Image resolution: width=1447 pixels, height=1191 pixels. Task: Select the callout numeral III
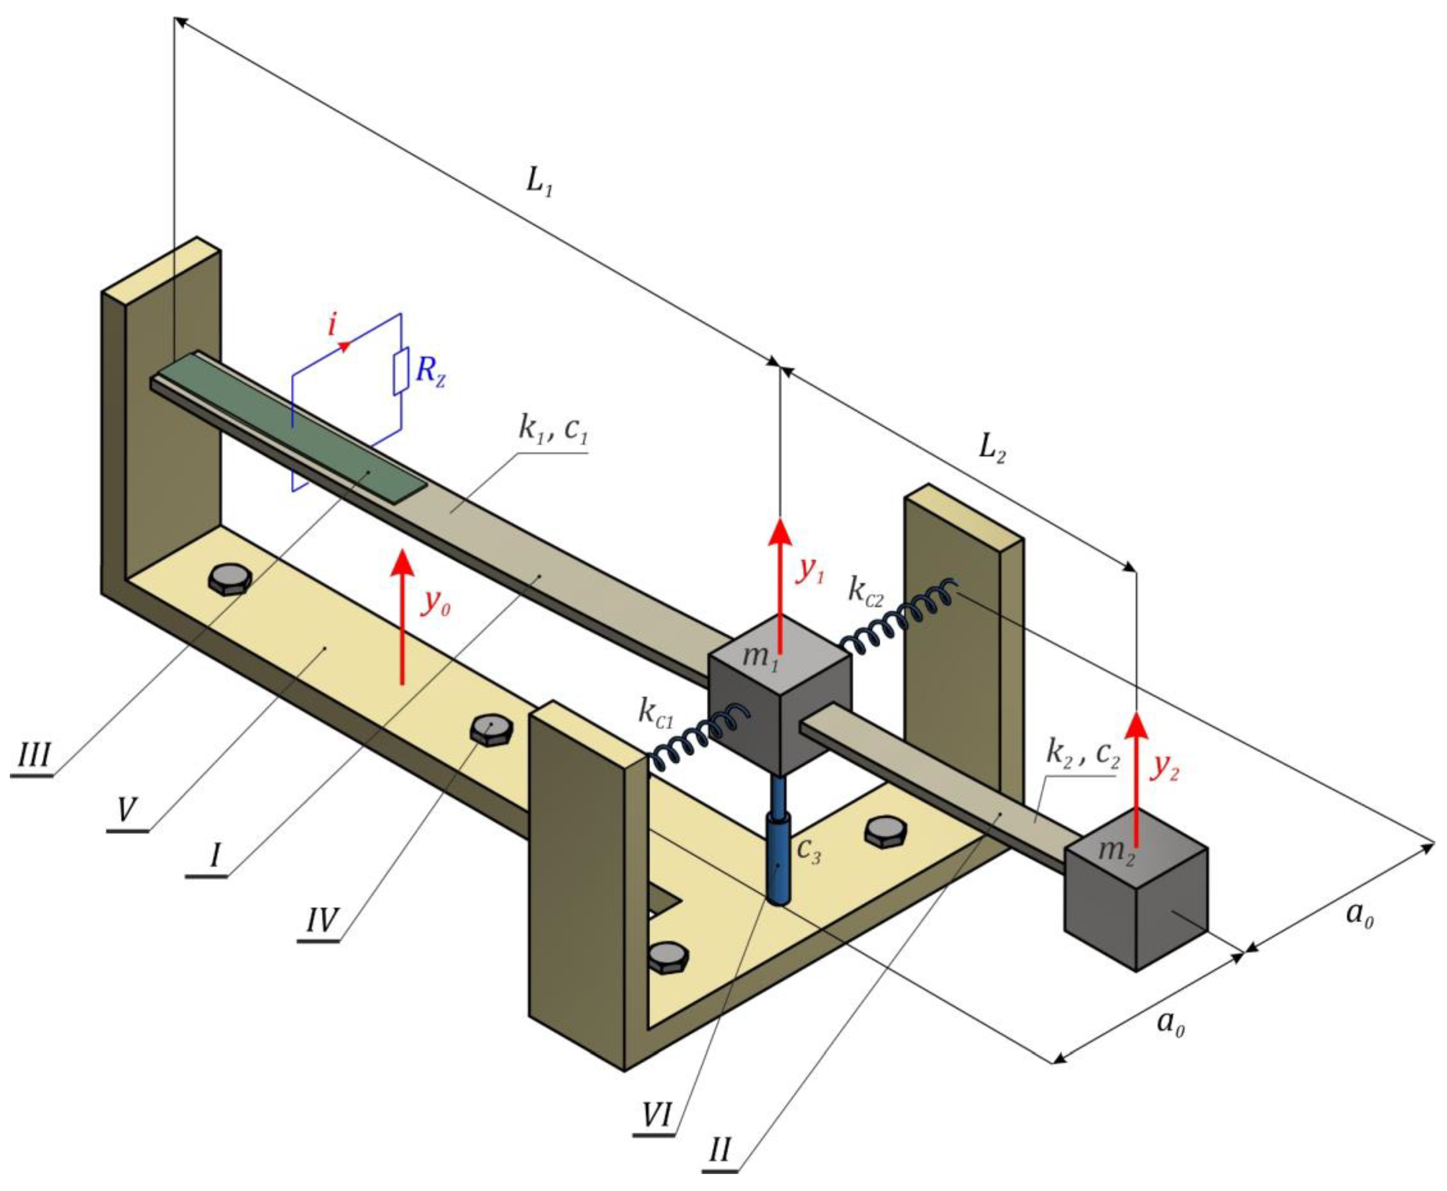33,757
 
